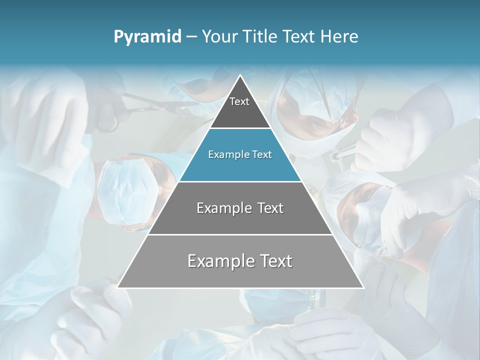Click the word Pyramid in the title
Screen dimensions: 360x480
click(x=147, y=37)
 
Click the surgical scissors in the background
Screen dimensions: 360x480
click(x=150, y=105)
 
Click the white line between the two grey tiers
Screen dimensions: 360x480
click(x=240, y=234)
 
